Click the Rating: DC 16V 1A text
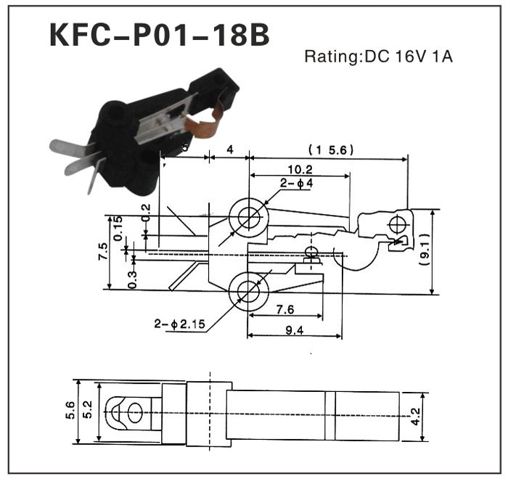point(378,57)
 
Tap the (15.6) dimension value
point(330,150)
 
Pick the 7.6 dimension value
point(284,310)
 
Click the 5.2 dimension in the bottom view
point(88,412)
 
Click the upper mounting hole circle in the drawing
point(248,217)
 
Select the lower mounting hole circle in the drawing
point(248,294)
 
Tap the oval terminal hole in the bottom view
point(133,414)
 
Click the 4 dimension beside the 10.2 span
point(229,150)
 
